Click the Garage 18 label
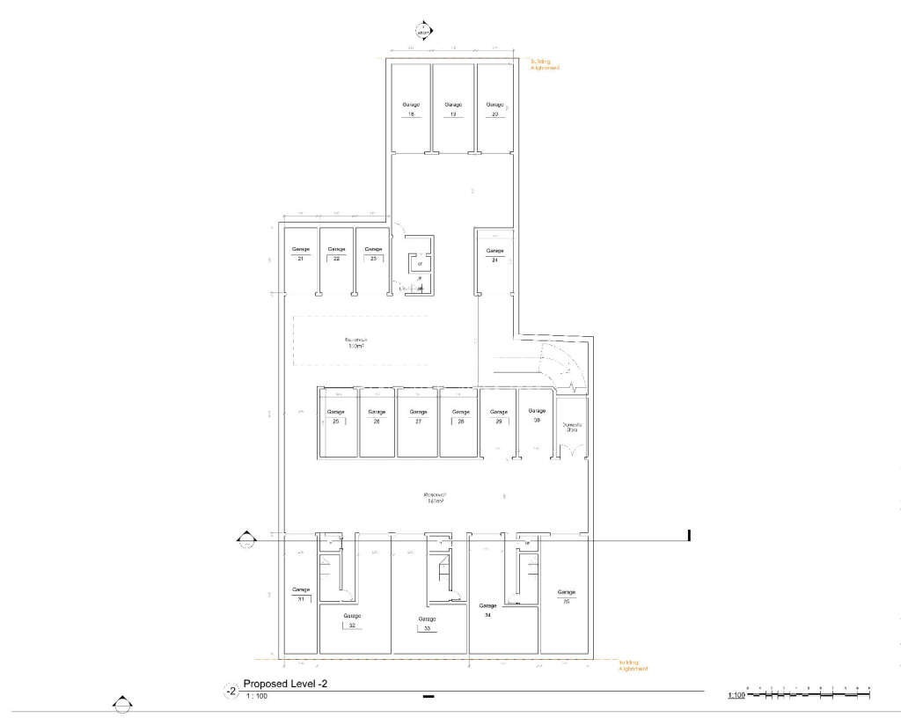point(410,110)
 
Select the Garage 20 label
point(495,110)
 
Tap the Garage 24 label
point(495,255)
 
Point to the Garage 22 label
point(336,254)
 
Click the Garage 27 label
point(418,416)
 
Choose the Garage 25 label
point(335,416)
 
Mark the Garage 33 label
point(427,624)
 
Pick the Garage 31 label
point(301,594)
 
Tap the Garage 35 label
point(566,597)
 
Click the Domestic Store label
point(572,428)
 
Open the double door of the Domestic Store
point(572,450)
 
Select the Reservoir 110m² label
point(355,342)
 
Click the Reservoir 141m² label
point(435,498)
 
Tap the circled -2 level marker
point(231,691)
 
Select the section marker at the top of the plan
point(424,29)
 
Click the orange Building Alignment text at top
point(546,64)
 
